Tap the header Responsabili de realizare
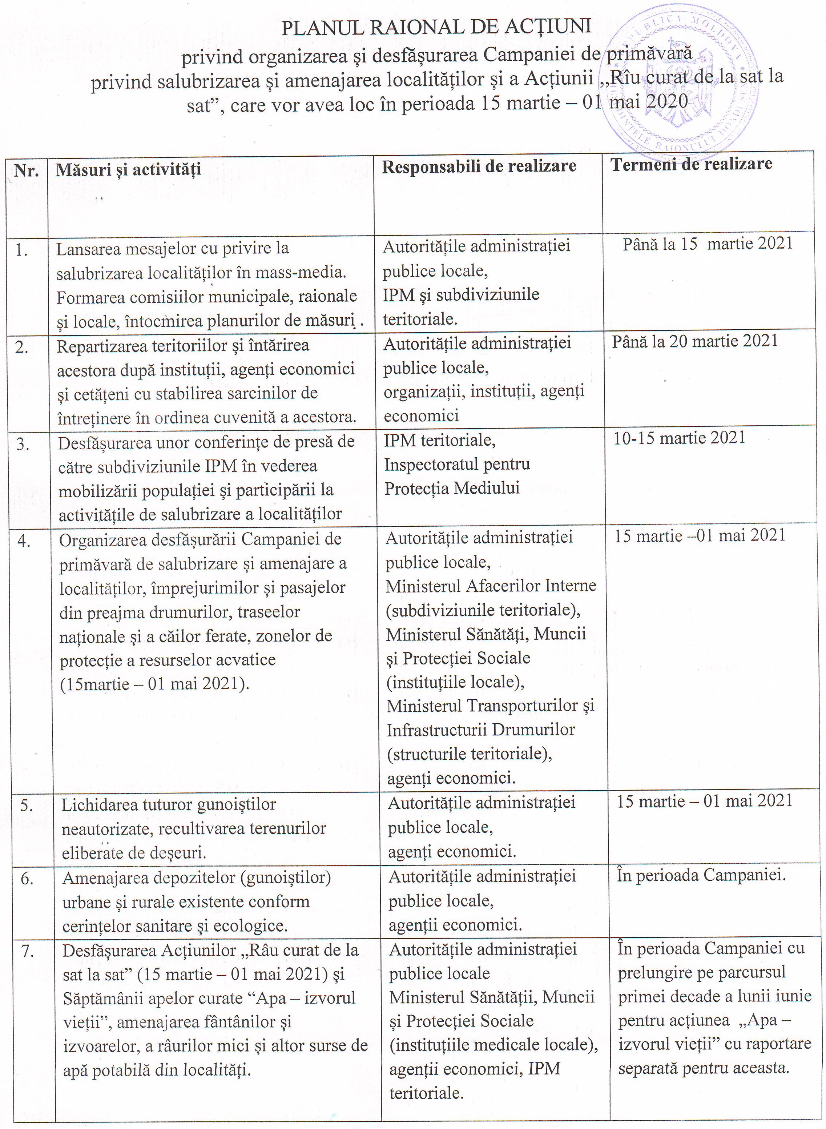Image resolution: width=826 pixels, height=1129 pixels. pyautogui.click(x=479, y=166)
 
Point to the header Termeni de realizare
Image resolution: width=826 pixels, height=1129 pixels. pyautogui.click(x=691, y=164)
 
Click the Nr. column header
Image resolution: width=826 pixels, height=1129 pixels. pyautogui.click(x=27, y=171)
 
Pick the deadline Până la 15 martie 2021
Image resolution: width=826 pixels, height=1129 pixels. pyautogui.click(x=707, y=244)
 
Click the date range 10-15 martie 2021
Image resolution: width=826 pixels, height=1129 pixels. pyautogui.click(x=679, y=438)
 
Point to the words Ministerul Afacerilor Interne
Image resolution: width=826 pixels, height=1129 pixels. pyautogui.click(x=491, y=586)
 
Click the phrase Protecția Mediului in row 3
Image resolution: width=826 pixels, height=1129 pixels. pyautogui.click(x=451, y=488)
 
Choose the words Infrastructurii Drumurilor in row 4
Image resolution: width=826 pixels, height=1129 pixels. pyautogui.click(x=480, y=730)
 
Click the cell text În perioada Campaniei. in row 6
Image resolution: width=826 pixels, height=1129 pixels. pyautogui.click(x=701, y=876)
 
